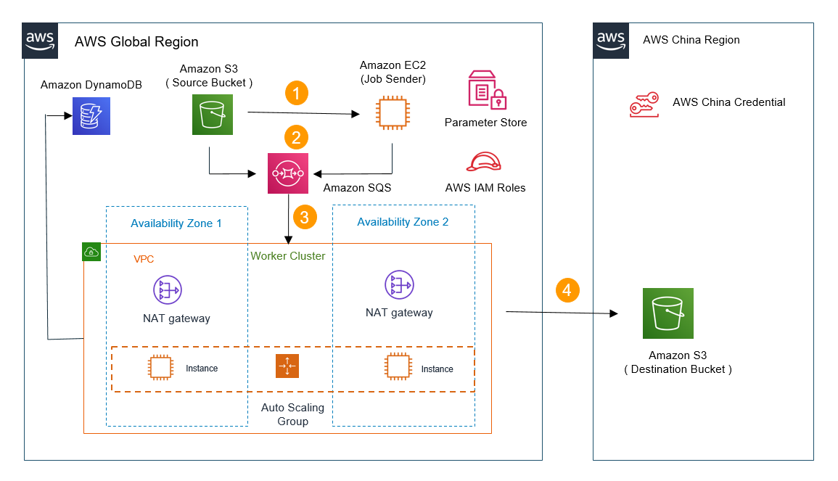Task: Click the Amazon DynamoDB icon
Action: point(91,116)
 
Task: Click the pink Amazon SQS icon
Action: point(287,173)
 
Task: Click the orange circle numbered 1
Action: point(296,93)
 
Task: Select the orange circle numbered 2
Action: point(296,136)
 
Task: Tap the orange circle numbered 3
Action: point(304,216)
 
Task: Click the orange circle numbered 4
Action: point(567,290)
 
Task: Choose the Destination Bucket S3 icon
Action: point(667,313)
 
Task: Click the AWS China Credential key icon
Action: point(644,104)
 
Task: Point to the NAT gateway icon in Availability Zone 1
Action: point(168,289)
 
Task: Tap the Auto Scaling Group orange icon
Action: point(287,366)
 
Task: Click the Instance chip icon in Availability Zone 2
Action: point(398,367)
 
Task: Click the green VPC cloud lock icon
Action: point(91,252)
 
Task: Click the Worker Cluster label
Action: point(288,256)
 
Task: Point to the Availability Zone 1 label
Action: point(176,223)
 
